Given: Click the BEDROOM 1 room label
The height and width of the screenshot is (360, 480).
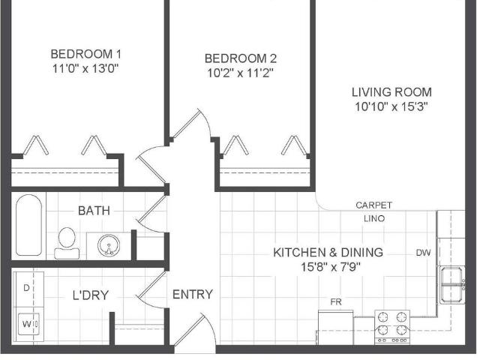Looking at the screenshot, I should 85,54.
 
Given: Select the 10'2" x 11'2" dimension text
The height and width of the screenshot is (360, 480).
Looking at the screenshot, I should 241,73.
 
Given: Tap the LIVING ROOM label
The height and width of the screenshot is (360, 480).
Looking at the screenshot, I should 392,92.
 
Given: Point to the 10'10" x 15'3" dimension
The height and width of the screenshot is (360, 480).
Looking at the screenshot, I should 392,106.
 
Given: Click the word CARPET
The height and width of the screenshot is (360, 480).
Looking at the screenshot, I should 373,205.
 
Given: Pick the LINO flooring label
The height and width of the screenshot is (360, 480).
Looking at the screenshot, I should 373,218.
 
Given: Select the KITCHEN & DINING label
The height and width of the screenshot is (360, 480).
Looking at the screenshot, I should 328,253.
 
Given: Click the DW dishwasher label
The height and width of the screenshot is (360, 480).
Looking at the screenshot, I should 424,253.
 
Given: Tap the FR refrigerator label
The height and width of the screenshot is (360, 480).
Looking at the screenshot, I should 336,302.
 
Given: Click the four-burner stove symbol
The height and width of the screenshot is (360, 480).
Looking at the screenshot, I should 392,323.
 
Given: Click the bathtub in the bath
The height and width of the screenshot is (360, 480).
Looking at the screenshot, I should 28,226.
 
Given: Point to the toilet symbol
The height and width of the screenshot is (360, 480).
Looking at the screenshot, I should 65,241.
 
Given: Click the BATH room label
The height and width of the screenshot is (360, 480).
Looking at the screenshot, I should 94,211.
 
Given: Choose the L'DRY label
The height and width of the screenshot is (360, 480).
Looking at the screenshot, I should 91,295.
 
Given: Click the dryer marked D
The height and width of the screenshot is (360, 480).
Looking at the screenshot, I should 27,288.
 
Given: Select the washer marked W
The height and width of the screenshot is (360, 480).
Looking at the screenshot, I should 27,324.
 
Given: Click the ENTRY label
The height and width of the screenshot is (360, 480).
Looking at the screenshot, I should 193,295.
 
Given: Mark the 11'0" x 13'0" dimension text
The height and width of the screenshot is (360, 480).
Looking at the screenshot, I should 85,68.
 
